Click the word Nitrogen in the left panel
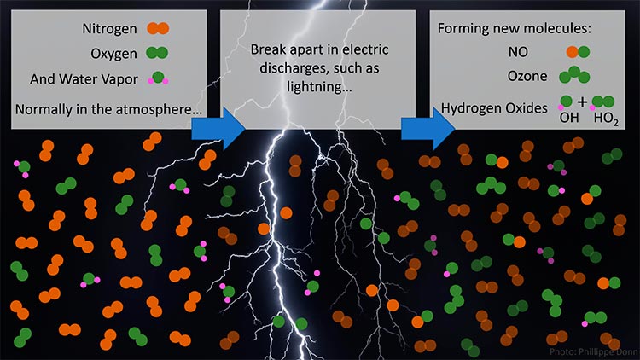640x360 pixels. click(109, 28)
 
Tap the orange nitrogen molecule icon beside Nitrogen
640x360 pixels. click(158, 28)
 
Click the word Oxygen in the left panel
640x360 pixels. click(113, 54)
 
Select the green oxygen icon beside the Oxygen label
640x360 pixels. click(157, 53)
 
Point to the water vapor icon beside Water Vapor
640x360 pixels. click(159, 78)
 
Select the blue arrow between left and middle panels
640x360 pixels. click(218, 128)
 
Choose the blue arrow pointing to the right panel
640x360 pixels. click(428, 128)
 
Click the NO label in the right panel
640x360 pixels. click(518, 52)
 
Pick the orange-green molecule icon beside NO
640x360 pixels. click(578, 52)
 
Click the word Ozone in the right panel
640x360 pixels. click(527, 76)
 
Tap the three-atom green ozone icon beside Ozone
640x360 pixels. click(574, 75)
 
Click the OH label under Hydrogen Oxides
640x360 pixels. click(569, 118)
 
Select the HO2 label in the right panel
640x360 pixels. click(606, 119)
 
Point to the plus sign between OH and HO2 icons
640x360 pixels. click(583, 102)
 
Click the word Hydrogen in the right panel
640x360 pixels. click(471, 108)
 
